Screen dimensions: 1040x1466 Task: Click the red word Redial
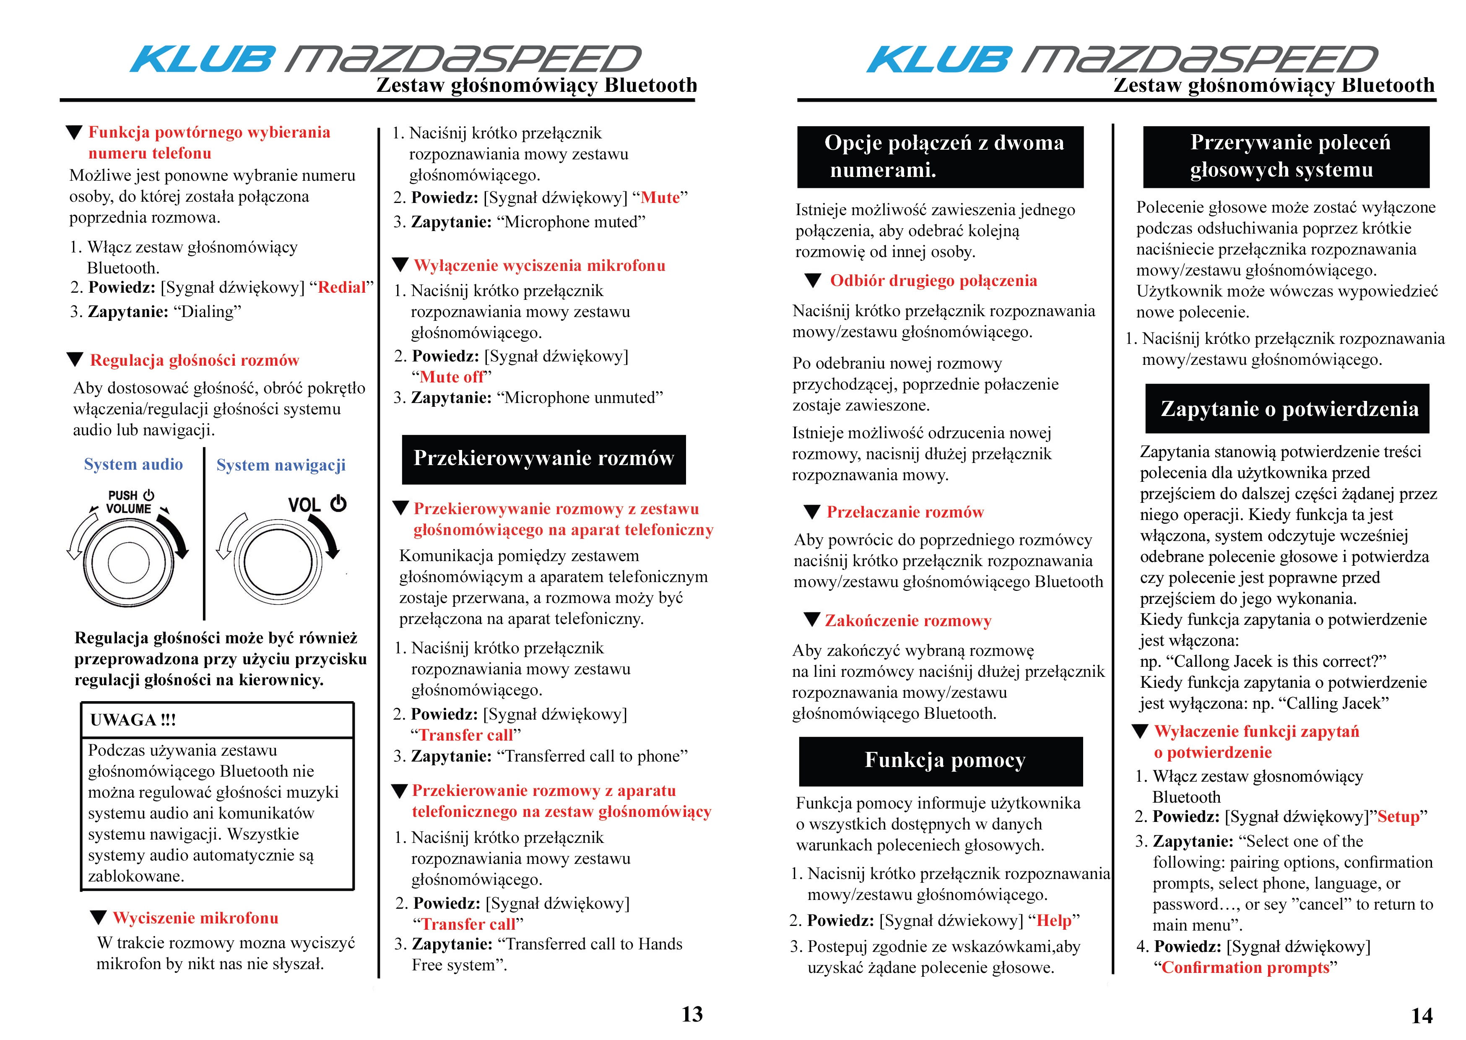pos(342,288)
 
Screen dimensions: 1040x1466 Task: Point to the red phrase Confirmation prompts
pos(1245,967)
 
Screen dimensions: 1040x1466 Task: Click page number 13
pos(692,1014)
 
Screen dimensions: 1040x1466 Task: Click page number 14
pos(1422,1016)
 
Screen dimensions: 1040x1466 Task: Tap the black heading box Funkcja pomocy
pos(941,761)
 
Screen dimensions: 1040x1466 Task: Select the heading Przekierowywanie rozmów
pos(543,458)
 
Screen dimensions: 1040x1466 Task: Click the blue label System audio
pos(133,464)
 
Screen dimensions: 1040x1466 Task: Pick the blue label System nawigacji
pos(281,465)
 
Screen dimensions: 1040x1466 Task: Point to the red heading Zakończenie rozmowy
pos(908,621)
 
